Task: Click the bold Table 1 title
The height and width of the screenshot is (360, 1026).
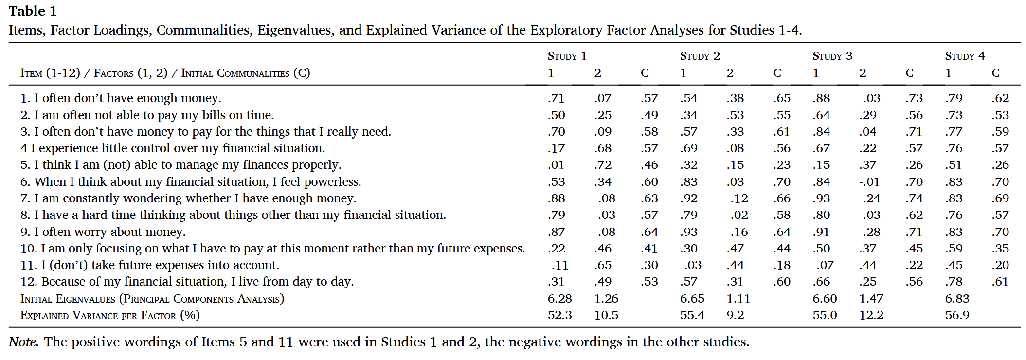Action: [x=33, y=11]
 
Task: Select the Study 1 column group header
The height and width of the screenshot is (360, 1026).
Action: [x=567, y=56]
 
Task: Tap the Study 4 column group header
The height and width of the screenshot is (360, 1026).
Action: [x=964, y=56]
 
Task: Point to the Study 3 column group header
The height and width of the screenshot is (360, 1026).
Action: [x=832, y=56]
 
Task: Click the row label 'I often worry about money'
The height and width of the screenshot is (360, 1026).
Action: [x=109, y=232]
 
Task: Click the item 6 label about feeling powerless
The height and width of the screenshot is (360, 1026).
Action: [x=198, y=182]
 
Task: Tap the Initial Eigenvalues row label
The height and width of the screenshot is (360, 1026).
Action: [x=152, y=299]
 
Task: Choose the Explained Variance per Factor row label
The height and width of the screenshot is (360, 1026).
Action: [x=110, y=315]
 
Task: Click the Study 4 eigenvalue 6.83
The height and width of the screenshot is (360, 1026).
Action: [x=957, y=299]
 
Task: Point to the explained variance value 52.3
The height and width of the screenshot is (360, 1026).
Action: [x=559, y=315]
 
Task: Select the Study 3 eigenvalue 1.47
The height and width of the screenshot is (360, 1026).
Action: [x=871, y=299]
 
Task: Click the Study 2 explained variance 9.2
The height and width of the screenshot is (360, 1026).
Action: [x=735, y=315]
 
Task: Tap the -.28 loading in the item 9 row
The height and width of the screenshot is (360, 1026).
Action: [x=869, y=232]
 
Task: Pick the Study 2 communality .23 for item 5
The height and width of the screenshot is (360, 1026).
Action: [x=782, y=165]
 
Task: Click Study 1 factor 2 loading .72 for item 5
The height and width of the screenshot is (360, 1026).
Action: [x=603, y=165]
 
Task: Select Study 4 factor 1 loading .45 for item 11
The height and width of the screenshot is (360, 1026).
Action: [x=954, y=265]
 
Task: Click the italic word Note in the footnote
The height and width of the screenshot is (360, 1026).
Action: [x=23, y=342]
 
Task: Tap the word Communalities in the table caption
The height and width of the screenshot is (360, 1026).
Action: [x=203, y=30]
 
